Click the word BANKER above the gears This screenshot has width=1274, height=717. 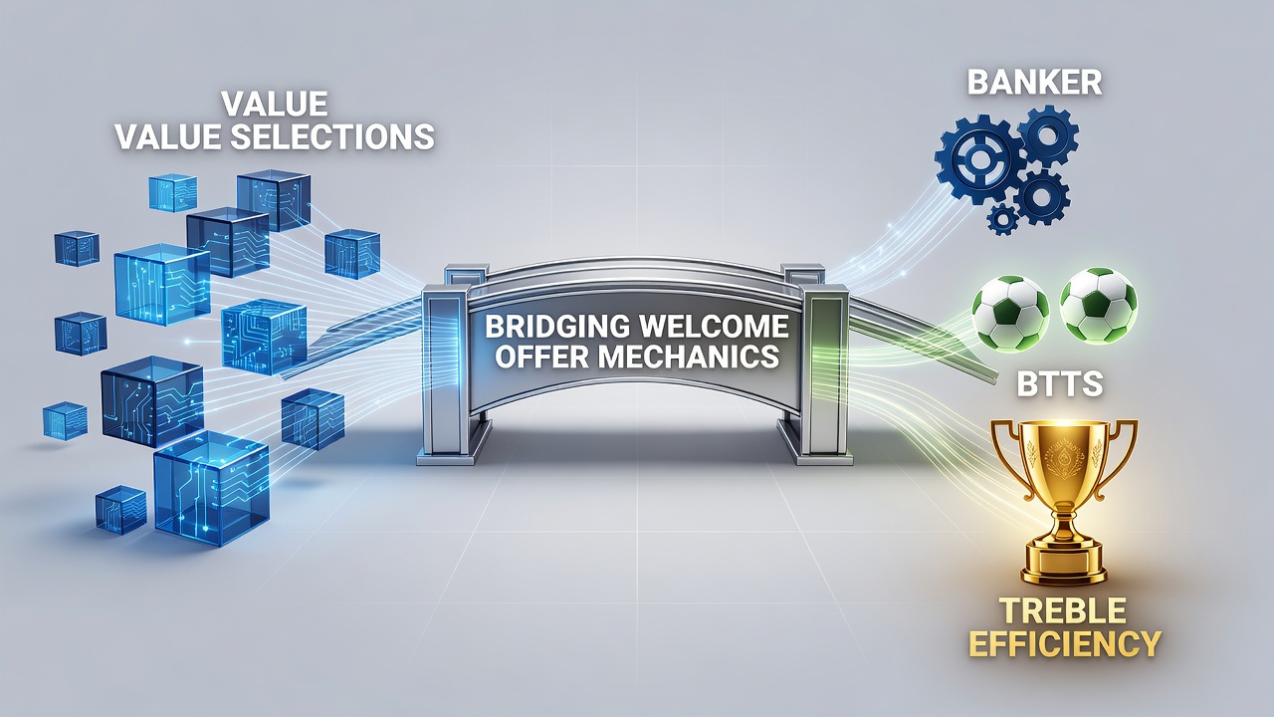(x=1034, y=83)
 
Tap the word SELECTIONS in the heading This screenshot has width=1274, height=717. (x=332, y=137)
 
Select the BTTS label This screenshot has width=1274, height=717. (x=1060, y=384)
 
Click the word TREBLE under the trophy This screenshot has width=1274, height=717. (x=1063, y=610)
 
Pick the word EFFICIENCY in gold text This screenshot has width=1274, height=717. (x=1065, y=644)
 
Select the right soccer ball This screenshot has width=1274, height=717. (x=1098, y=306)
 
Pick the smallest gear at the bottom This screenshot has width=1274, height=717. (x=1002, y=219)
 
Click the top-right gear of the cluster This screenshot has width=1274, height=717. (x=1048, y=135)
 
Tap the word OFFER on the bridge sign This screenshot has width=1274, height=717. (x=539, y=357)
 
